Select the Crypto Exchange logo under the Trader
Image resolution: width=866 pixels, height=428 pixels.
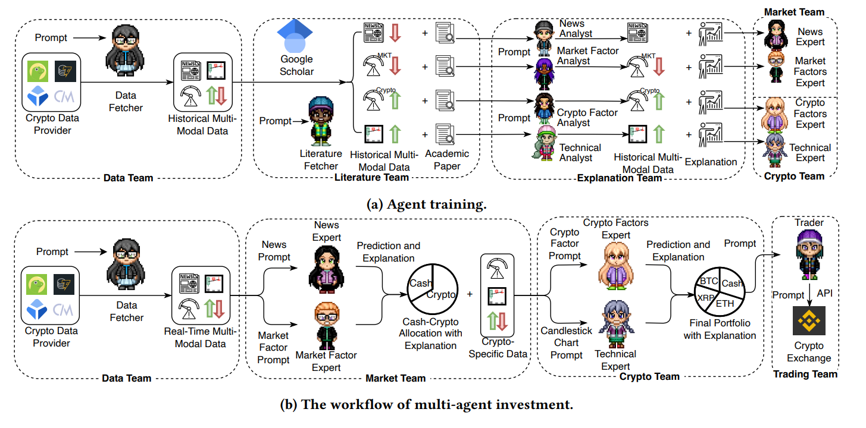pyautogui.click(x=809, y=319)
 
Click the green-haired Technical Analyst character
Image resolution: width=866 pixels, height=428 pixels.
pyautogui.click(x=545, y=143)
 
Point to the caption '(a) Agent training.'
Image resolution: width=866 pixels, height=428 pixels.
pyautogui.click(x=427, y=204)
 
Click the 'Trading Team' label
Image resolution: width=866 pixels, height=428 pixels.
pyautogui.click(x=805, y=374)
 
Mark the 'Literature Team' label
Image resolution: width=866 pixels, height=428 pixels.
pyautogui.click(x=371, y=177)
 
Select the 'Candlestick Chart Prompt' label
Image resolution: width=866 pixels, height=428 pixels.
pyautogui.click(x=566, y=342)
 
